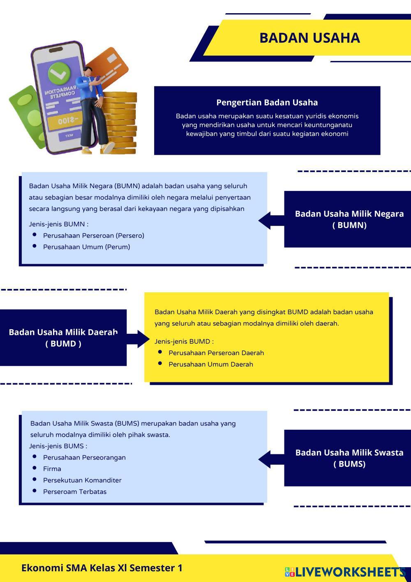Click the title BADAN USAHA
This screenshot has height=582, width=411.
tap(309, 38)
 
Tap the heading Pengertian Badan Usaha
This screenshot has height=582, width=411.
tap(267, 102)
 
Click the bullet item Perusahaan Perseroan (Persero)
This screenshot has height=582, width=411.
tap(93, 236)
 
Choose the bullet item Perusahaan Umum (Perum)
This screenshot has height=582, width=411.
tap(86, 247)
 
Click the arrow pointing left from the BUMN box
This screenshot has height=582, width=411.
tap(269, 220)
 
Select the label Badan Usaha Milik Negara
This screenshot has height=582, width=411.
tap(349, 214)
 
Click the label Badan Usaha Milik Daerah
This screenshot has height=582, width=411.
tap(63, 333)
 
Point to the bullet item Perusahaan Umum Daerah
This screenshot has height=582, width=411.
tap(210, 364)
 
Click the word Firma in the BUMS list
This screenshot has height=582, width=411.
tap(52, 469)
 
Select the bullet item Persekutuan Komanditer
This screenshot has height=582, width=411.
tap(82, 480)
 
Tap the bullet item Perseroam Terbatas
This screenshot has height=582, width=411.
tap(75, 492)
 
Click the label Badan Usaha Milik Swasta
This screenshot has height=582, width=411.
tap(349, 453)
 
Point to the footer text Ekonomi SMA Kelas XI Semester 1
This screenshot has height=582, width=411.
tap(102, 568)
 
